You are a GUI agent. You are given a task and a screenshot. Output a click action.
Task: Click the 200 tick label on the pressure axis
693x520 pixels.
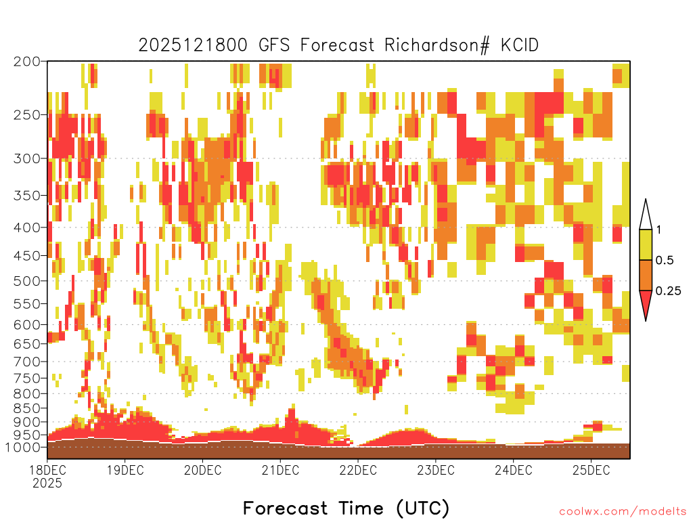(27, 62)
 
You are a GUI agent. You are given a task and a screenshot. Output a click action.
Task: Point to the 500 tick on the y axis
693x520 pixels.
(27, 281)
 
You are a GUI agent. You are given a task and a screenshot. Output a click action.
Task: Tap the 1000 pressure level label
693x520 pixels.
(23, 447)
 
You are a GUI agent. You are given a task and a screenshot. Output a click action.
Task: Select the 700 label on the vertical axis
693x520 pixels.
(27, 362)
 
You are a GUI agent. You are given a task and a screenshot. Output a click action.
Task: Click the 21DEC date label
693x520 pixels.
(280, 470)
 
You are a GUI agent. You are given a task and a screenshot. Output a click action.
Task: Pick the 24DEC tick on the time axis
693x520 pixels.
(513, 470)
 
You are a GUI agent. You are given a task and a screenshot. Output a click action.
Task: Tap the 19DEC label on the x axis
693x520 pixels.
(125, 470)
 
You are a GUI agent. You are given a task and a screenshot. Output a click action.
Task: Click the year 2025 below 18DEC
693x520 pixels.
(47, 483)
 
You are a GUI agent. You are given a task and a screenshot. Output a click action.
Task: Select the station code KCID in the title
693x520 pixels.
(519, 45)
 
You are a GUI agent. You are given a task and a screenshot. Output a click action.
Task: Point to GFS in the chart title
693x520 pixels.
(274, 45)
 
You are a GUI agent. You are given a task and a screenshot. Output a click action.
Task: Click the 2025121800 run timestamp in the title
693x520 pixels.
(193, 45)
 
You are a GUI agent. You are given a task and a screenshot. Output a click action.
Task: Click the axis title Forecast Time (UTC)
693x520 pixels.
(346, 508)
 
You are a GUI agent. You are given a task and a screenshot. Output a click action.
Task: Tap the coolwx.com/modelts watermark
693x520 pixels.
(623, 512)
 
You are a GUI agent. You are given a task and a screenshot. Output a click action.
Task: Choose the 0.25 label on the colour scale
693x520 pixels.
(668, 291)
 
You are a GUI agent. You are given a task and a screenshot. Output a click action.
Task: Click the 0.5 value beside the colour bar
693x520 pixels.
(665, 261)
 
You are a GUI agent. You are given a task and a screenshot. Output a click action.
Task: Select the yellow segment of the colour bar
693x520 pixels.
(646, 244)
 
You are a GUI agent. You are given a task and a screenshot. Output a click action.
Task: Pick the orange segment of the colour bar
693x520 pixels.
(646, 275)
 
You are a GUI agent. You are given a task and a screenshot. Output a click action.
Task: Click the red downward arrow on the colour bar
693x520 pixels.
(646, 303)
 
